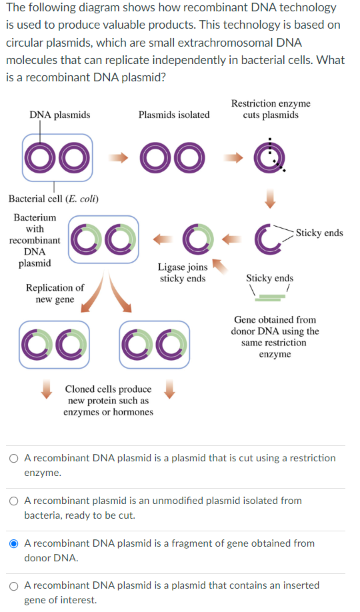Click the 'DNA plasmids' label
pos(59,115)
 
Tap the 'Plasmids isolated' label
pos(174,115)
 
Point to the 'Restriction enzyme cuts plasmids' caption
pos(271,109)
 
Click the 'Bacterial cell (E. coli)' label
pos(53,199)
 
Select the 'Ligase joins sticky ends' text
pos(182,273)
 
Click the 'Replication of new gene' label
pos(55,293)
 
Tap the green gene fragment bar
pos(271,297)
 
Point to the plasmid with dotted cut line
pos(271,156)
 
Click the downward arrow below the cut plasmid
pos(271,199)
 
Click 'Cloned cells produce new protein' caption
pos(108,400)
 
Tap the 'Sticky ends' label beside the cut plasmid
pos(319,233)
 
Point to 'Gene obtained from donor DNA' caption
pos(275,337)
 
